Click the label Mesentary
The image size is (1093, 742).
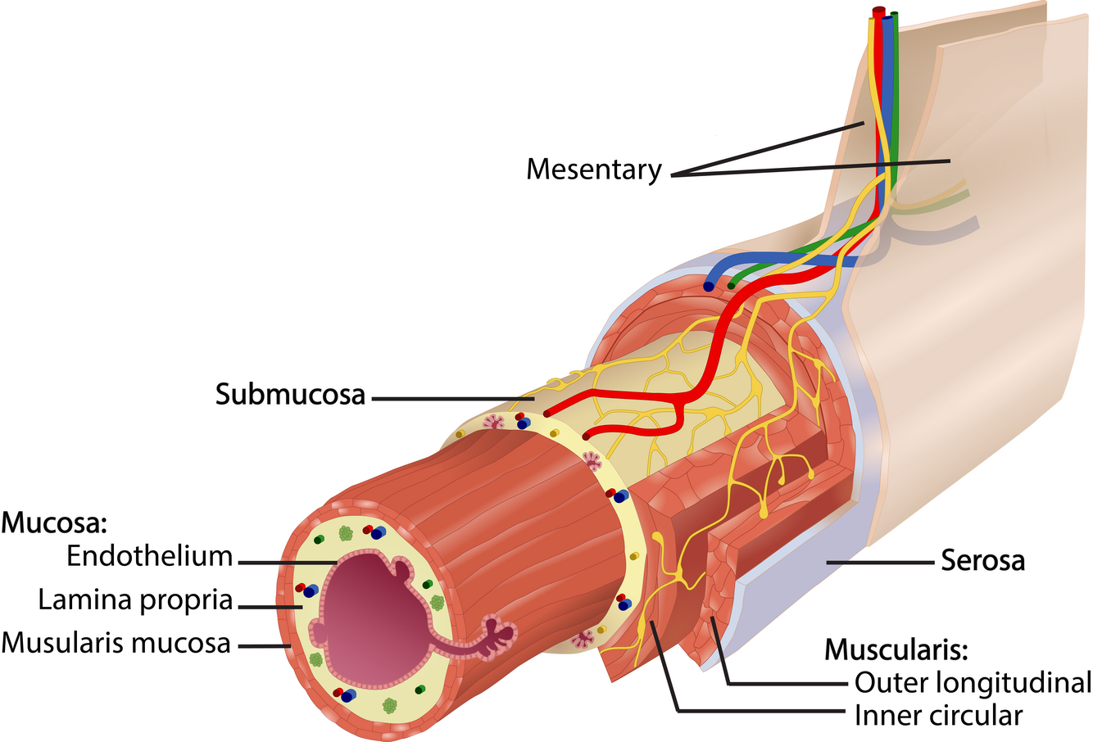pyautogui.click(x=593, y=170)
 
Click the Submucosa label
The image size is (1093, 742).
pyautogui.click(x=290, y=394)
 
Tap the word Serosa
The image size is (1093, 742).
pyautogui.click(x=982, y=562)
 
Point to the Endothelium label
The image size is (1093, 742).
pyautogui.click(x=150, y=556)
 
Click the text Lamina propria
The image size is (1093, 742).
pyautogui.click(x=135, y=599)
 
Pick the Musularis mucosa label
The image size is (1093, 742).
pyautogui.click(x=116, y=643)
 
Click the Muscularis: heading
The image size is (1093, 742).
pyautogui.click(x=896, y=650)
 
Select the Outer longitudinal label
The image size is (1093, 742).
pyautogui.click(x=973, y=681)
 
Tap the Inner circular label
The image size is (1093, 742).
pyautogui.click(x=938, y=715)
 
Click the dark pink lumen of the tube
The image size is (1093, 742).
pyautogui.click(x=369, y=614)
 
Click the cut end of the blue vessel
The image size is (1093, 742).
pyautogui.click(x=707, y=287)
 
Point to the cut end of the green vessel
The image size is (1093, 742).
pyautogui.click(x=732, y=284)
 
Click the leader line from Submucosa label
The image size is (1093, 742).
pyautogui.click(x=451, y=399)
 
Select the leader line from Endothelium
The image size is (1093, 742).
pyautogui.click(x=287, y=562)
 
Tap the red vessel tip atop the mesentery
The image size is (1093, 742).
pyautogui.click(x=878, y=11)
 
